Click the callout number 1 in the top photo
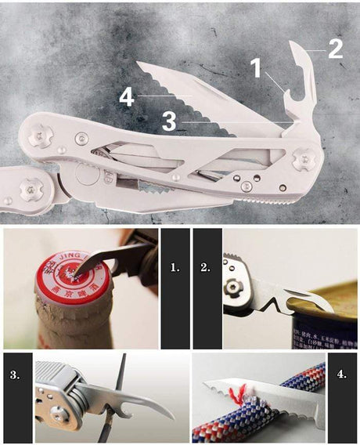(x=256, y=69)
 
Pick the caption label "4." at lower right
(x=341, y=374)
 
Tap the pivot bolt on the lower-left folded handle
(x=29, y=188)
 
